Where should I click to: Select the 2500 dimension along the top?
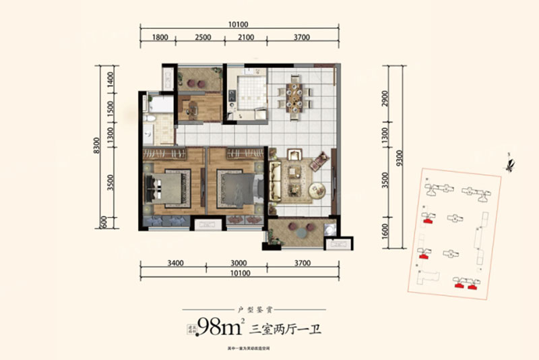point(203,38)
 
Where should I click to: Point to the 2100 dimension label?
point(246,38)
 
